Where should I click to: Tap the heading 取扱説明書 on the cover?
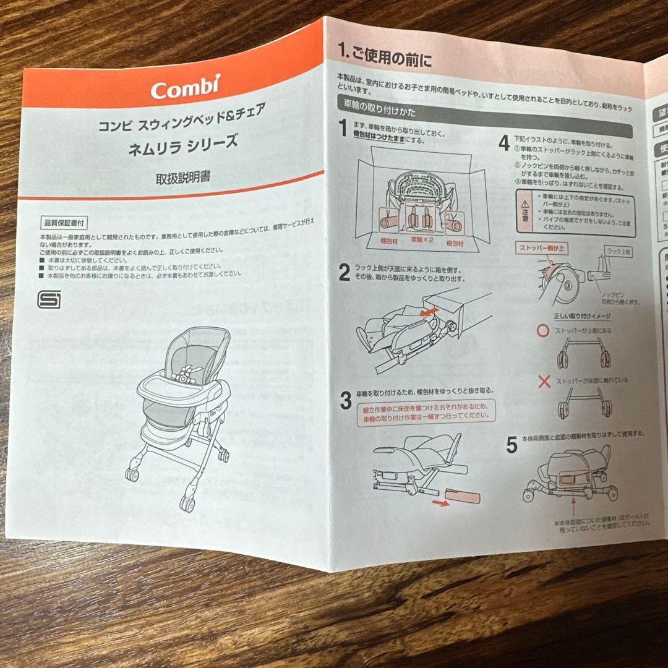point(182,178)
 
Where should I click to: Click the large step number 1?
point(344,129)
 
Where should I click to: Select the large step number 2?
point(344,272)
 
